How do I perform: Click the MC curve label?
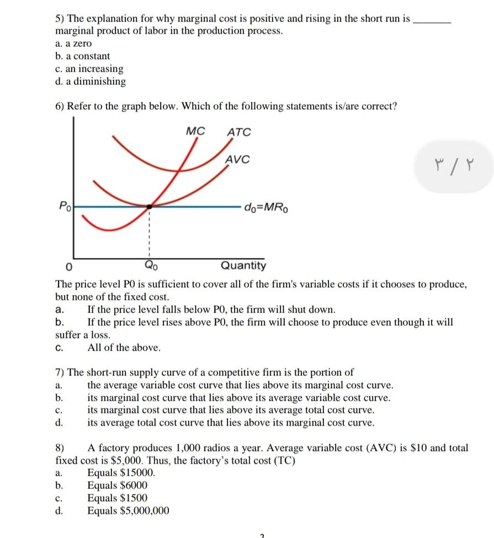tap(195, 131)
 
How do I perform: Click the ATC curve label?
tap(238, 132)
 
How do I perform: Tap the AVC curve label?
tap(237, 160)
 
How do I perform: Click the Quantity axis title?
tap(243, 266)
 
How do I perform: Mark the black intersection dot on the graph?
tap(148, 207)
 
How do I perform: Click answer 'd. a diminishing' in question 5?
tap(91, 82)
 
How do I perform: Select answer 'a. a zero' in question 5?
tap(73, 43)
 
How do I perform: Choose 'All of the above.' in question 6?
tap(124, 348)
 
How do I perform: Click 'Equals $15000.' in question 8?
tap(121, 473)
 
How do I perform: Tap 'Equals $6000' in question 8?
tap(117, 486)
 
